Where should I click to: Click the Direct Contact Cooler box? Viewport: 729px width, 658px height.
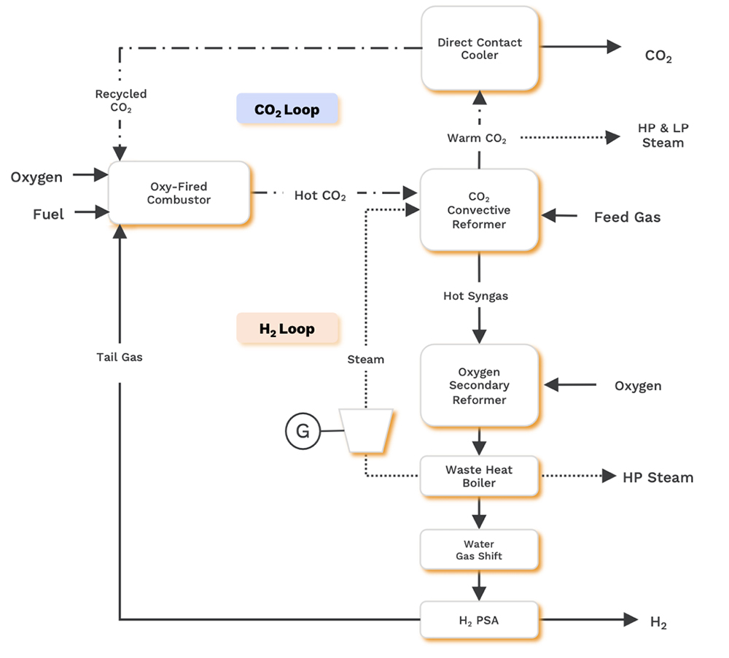[479, 49]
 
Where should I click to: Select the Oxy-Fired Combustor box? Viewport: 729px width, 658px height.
[179, 193]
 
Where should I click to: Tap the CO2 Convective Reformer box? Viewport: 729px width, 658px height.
[479, 210]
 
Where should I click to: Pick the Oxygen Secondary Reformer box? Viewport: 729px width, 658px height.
[479, 385]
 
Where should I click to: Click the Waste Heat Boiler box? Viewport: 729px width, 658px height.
[479, 476]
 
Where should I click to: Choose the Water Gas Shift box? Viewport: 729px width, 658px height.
[479, 549]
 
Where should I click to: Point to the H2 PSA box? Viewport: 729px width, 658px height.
[479, 620]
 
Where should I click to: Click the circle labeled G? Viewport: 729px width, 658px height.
[303, 431]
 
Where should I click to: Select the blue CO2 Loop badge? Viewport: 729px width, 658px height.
[286, 109]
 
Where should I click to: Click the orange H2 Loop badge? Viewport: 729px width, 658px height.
[287, 328]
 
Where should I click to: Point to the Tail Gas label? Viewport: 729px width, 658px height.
[120, 357]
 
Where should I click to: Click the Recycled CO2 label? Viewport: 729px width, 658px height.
[120, 101]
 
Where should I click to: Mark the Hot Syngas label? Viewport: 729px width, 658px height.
[475, 296]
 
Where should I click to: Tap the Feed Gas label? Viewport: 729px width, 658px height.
[627, 217]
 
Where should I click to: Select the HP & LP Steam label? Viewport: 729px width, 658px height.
[663, 136]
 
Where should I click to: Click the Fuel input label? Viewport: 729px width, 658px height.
[48, 214]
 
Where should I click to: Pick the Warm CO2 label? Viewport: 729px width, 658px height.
[477, 139]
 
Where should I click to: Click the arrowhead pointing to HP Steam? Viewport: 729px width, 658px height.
[609, 476]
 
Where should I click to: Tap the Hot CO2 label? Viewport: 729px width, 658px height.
[320, 196]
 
